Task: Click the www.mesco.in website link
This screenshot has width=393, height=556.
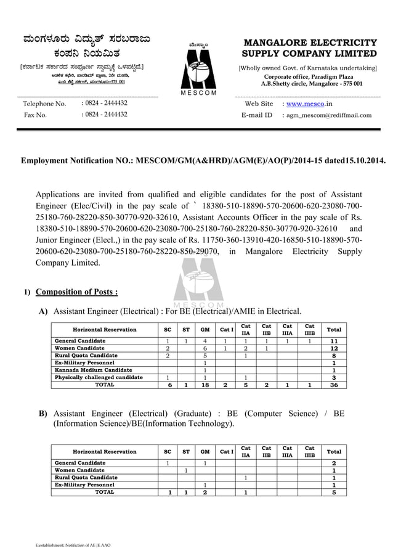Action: (x=310, y=104)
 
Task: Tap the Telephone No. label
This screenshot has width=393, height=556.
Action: (x=44, y=104)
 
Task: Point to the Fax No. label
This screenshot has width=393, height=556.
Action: (x=35, y=115)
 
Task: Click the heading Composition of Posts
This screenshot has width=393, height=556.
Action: (x=77, y=292)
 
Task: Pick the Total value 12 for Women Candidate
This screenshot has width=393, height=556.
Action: (x=334, y=349)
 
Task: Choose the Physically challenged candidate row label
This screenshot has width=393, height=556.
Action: (x=99, y=377)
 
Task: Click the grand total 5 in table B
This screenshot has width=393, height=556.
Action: (x=334, y=493)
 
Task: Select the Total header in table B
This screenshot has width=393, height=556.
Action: (x=334, y=452)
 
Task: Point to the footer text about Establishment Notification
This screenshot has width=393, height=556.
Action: (x=72, y=546)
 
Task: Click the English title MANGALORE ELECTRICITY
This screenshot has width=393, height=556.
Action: (x=310, y=43)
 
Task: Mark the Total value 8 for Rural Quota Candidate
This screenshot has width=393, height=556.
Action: (x=334, y=356)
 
